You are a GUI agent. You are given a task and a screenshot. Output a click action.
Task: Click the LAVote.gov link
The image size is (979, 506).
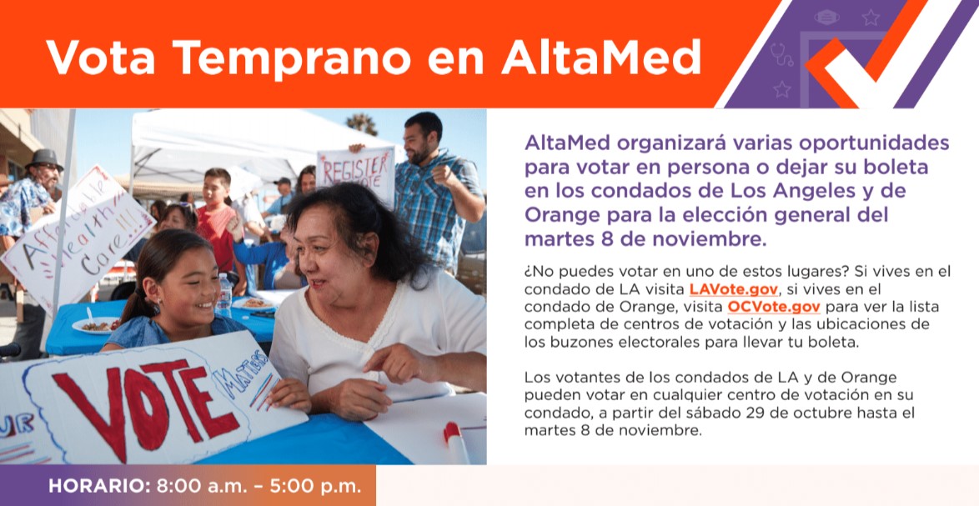pos(734,289)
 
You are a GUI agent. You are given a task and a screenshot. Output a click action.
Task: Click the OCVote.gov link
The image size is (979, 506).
pos(774,307)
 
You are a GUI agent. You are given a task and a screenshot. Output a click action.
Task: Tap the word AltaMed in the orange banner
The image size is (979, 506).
pos(600,58)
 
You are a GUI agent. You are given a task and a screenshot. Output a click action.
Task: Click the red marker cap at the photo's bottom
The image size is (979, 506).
pos(451,433)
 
